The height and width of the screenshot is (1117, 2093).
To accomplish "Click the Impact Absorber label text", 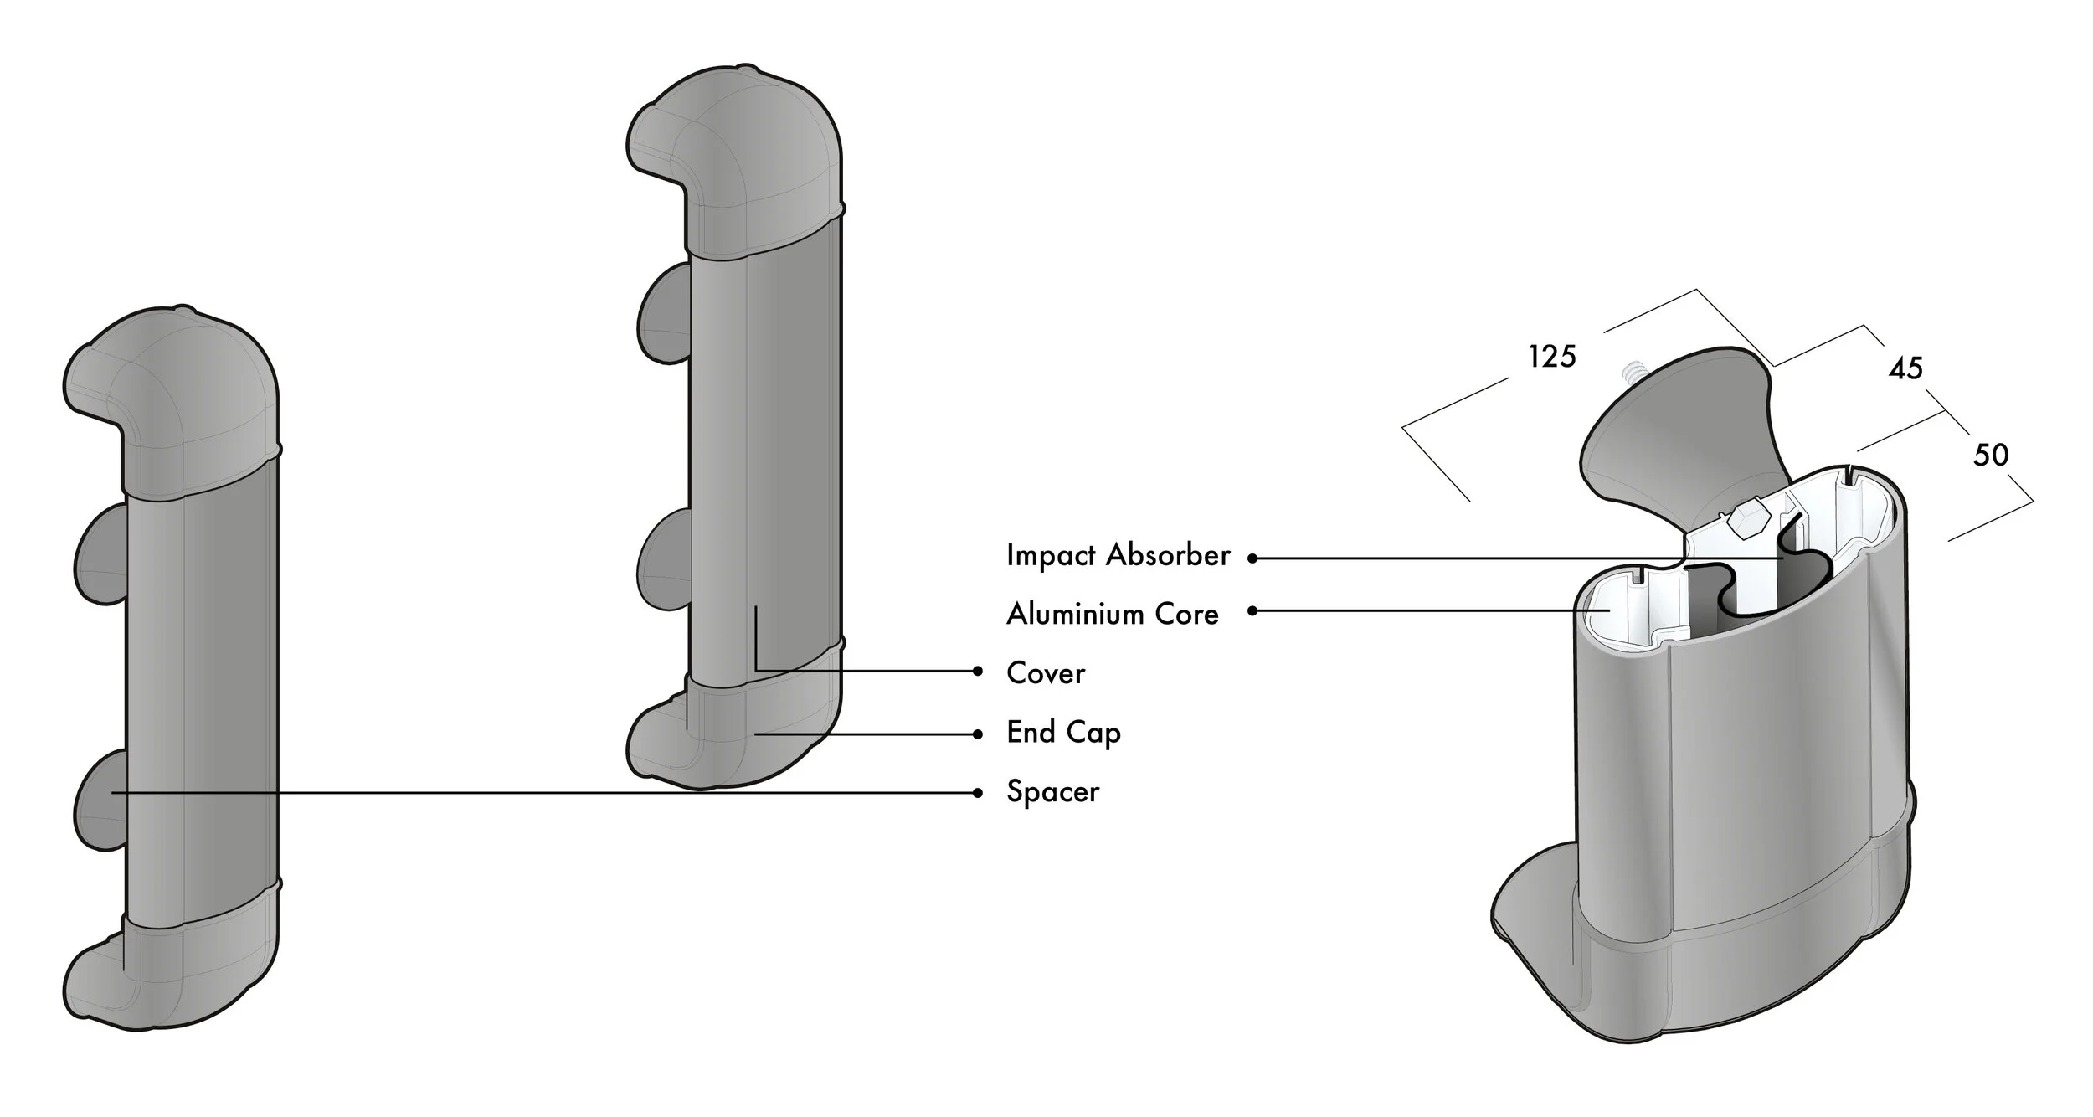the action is (1118, 556).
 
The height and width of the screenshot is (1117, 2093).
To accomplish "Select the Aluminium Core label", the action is (1112, 615).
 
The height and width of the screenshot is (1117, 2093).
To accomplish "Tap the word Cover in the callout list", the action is (1046, 673).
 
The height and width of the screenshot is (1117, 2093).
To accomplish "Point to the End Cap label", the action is (1063, 733).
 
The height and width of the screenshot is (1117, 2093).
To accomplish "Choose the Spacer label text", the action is (1052, 792).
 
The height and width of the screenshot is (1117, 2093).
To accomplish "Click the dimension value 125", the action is (1552, 357).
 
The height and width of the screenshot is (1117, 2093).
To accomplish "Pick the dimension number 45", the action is (1905, 368).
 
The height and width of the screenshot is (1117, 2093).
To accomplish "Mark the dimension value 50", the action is (1991, 455).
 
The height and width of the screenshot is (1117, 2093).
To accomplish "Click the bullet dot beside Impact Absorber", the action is (1252, 558).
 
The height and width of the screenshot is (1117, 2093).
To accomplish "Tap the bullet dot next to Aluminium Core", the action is (1252, 611).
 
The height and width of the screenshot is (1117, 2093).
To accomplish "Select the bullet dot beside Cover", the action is (978, 671).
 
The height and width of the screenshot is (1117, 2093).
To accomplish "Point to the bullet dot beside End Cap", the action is (978, 734).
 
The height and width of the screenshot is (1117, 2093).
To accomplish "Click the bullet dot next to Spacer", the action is (978, 793).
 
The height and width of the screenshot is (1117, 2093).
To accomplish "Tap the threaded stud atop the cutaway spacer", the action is (1628, 373).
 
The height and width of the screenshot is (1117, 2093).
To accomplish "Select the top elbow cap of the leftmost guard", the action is (172, 402).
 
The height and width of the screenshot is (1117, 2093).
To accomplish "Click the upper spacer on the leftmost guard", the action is (100, 553).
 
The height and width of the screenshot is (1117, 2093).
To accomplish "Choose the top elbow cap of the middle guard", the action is (735, 159).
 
